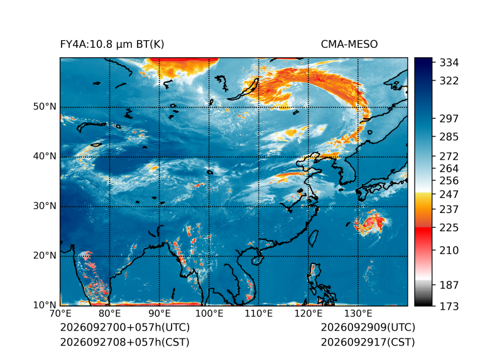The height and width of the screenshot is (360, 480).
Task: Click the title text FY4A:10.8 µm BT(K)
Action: (112, 45)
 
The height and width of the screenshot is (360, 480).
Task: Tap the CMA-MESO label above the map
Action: (349, 45)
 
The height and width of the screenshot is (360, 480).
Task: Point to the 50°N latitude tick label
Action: (45, 107)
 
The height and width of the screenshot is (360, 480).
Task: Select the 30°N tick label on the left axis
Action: (45, 205)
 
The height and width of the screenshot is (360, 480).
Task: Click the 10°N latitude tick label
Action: (45, 305)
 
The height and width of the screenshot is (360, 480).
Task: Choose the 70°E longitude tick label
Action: (61, 314)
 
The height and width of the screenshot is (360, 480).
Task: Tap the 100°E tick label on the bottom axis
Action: (209, 314)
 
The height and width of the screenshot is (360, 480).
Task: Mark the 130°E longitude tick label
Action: (358, 314)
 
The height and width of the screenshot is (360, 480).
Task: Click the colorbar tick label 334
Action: (449, 63)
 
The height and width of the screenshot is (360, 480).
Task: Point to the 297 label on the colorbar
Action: (449, 119)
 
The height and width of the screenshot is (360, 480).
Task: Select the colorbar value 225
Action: (449, 228)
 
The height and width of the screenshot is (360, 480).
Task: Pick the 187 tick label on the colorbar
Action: (449, 285)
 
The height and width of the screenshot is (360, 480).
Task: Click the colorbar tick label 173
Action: (449, 306)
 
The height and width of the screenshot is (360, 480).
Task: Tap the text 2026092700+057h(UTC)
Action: (125, 327)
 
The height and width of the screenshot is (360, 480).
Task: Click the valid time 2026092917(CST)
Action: (368, 342)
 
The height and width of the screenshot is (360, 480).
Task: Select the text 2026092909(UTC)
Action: (368, 327)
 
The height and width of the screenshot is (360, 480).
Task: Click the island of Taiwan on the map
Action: (313, 239)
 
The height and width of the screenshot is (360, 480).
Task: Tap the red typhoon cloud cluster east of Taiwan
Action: (371, 223)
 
